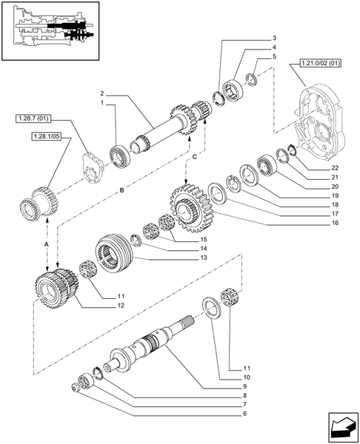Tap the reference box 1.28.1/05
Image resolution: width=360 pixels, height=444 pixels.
click(47, 136)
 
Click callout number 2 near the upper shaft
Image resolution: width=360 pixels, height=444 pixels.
click(104, 93)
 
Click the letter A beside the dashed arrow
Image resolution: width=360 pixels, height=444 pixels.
click(47, 243)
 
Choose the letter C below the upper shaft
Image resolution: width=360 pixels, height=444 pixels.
click(194, 158)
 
